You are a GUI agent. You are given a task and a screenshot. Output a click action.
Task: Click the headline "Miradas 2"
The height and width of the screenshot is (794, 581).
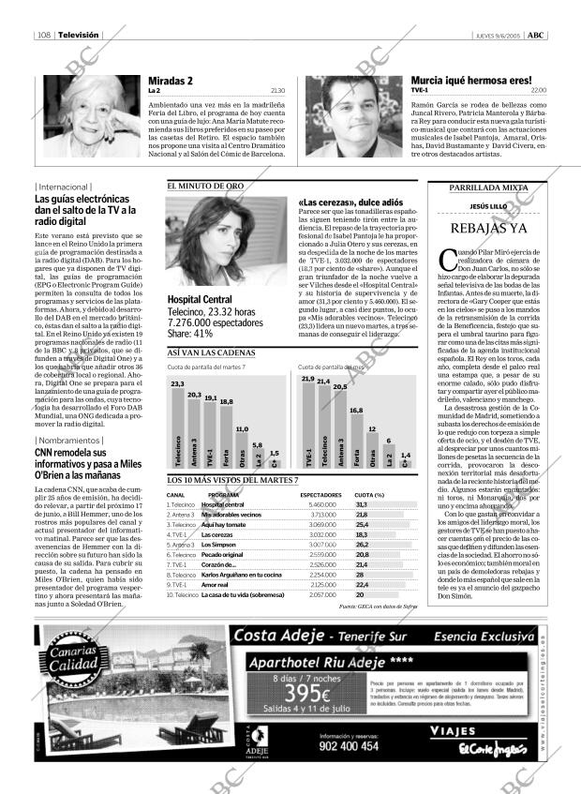(x=171, y=82)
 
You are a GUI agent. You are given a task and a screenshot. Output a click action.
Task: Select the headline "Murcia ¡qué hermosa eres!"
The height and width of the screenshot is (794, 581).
(x=471, y=82)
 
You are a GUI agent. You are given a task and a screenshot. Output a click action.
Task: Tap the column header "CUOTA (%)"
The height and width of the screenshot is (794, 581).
(x=369, y=494)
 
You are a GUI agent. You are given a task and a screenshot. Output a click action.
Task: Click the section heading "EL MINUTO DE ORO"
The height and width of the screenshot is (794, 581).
(x=205, y=187)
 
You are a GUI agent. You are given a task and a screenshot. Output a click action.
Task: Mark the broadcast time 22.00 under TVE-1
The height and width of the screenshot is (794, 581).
(x=538, y=90)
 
